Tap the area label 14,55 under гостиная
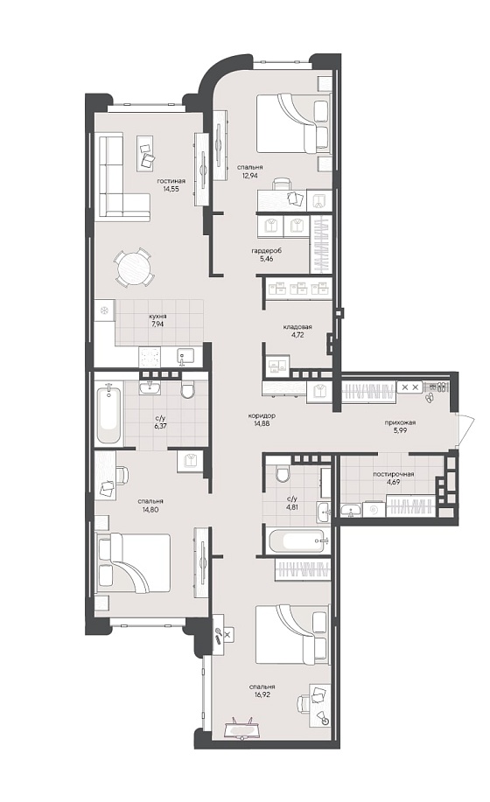(171, 188)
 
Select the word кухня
(158, 316)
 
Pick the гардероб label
(267, 251)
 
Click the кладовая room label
(297, 326)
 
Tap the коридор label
(261, 415)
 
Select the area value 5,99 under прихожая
(400, 430)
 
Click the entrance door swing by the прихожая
(467, 430)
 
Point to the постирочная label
(394, 474)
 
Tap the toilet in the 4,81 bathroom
(283, 474)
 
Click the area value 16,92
(262, 694)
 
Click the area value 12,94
(249, 174)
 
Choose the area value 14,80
(150, 509)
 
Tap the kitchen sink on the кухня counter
(185, 355)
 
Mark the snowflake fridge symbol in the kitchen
(104, 310)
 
